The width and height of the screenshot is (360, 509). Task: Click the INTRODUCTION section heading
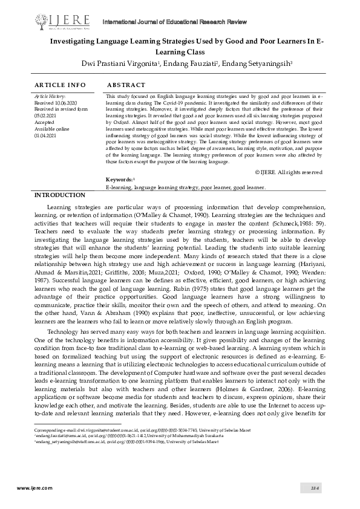[x=60, y=195]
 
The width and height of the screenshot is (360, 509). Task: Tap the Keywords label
[x=119, y=180]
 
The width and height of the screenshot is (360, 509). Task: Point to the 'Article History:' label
[x=50, y=96]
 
